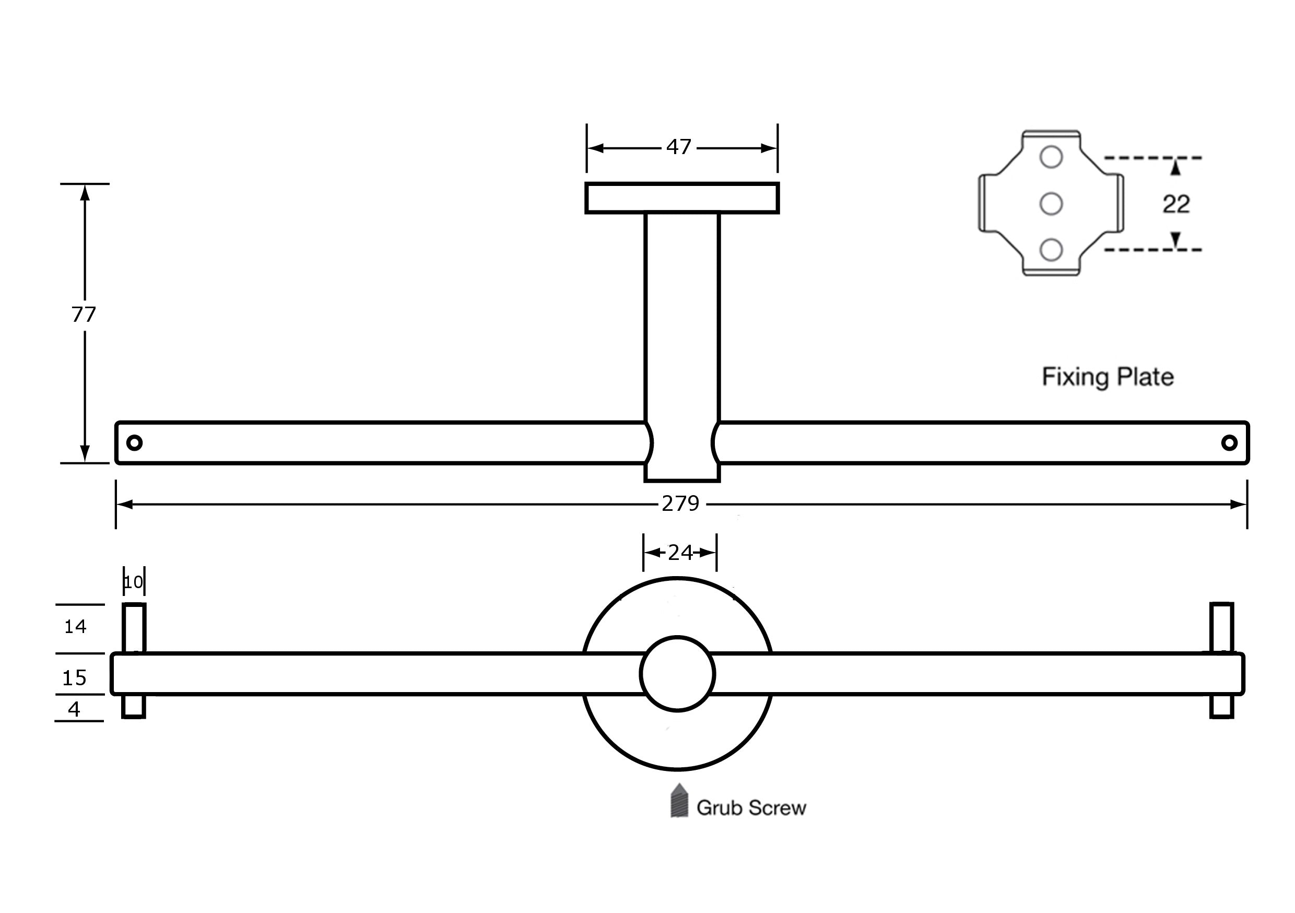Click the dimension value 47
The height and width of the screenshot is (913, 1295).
click(678, 147)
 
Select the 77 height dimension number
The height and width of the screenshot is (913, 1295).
click(84, 314)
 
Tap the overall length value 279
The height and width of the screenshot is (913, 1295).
click(680, 504)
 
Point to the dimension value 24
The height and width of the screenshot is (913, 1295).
click(680, 553)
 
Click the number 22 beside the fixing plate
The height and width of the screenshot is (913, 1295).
click(1176, 204)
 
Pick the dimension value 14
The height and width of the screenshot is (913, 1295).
click(75, 626)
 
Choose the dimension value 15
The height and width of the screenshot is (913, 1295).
click(75, 677)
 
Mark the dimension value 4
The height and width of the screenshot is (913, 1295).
click(74, 709)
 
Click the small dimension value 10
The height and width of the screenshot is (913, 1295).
click(134, 582)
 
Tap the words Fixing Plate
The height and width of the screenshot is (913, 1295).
click(1108, 377)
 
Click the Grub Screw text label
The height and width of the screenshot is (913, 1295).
click(751, 808)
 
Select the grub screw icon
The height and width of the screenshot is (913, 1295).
click(679, 801)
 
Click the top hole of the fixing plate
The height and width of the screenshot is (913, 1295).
click(1051, 157)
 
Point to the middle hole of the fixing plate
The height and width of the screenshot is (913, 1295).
click(1051, 203)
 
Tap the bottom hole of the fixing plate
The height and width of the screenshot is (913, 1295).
click(1051, 250)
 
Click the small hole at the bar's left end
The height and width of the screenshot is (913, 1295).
click(134, 442)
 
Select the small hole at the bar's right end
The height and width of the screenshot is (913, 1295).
click(1230, 442)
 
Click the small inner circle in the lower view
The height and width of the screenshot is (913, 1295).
click(677, 674)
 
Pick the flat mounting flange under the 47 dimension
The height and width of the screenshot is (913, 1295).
click(682, 198)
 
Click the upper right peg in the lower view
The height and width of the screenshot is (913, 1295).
click(1222, 627)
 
